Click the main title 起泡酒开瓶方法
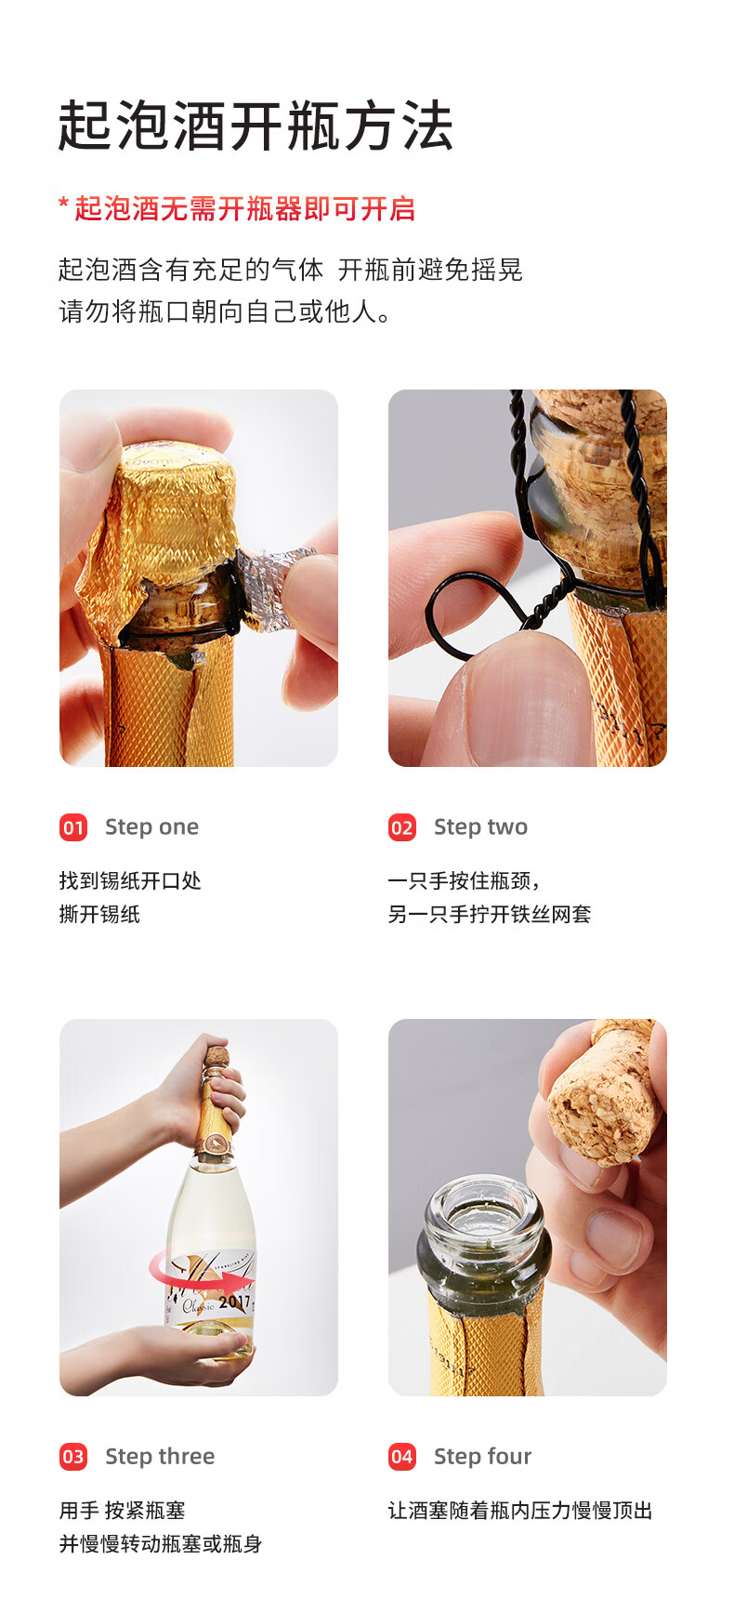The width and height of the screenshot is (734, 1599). [x=255, y=126]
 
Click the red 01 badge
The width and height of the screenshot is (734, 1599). [x=73, y=827]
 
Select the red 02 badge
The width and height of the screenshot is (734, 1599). [x=401, y=827]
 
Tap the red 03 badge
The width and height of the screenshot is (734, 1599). [x=73, y=1457]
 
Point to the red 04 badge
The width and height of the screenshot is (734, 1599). [x=401, y=1457]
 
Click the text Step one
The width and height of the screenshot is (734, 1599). [x=151, y=827]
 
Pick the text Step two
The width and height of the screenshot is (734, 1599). [x=480, y=827]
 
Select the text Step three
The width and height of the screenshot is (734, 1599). [x=160, y=1457]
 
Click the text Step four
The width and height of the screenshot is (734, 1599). [x=482, y=1457]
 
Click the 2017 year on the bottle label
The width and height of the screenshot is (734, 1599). [x=234, y=1302]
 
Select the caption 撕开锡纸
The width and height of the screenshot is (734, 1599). [x=99, y=915]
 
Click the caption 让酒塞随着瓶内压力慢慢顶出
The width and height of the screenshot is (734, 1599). [x=519, y=1511]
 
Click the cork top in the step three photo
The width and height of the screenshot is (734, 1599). [x=216, y=1057]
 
